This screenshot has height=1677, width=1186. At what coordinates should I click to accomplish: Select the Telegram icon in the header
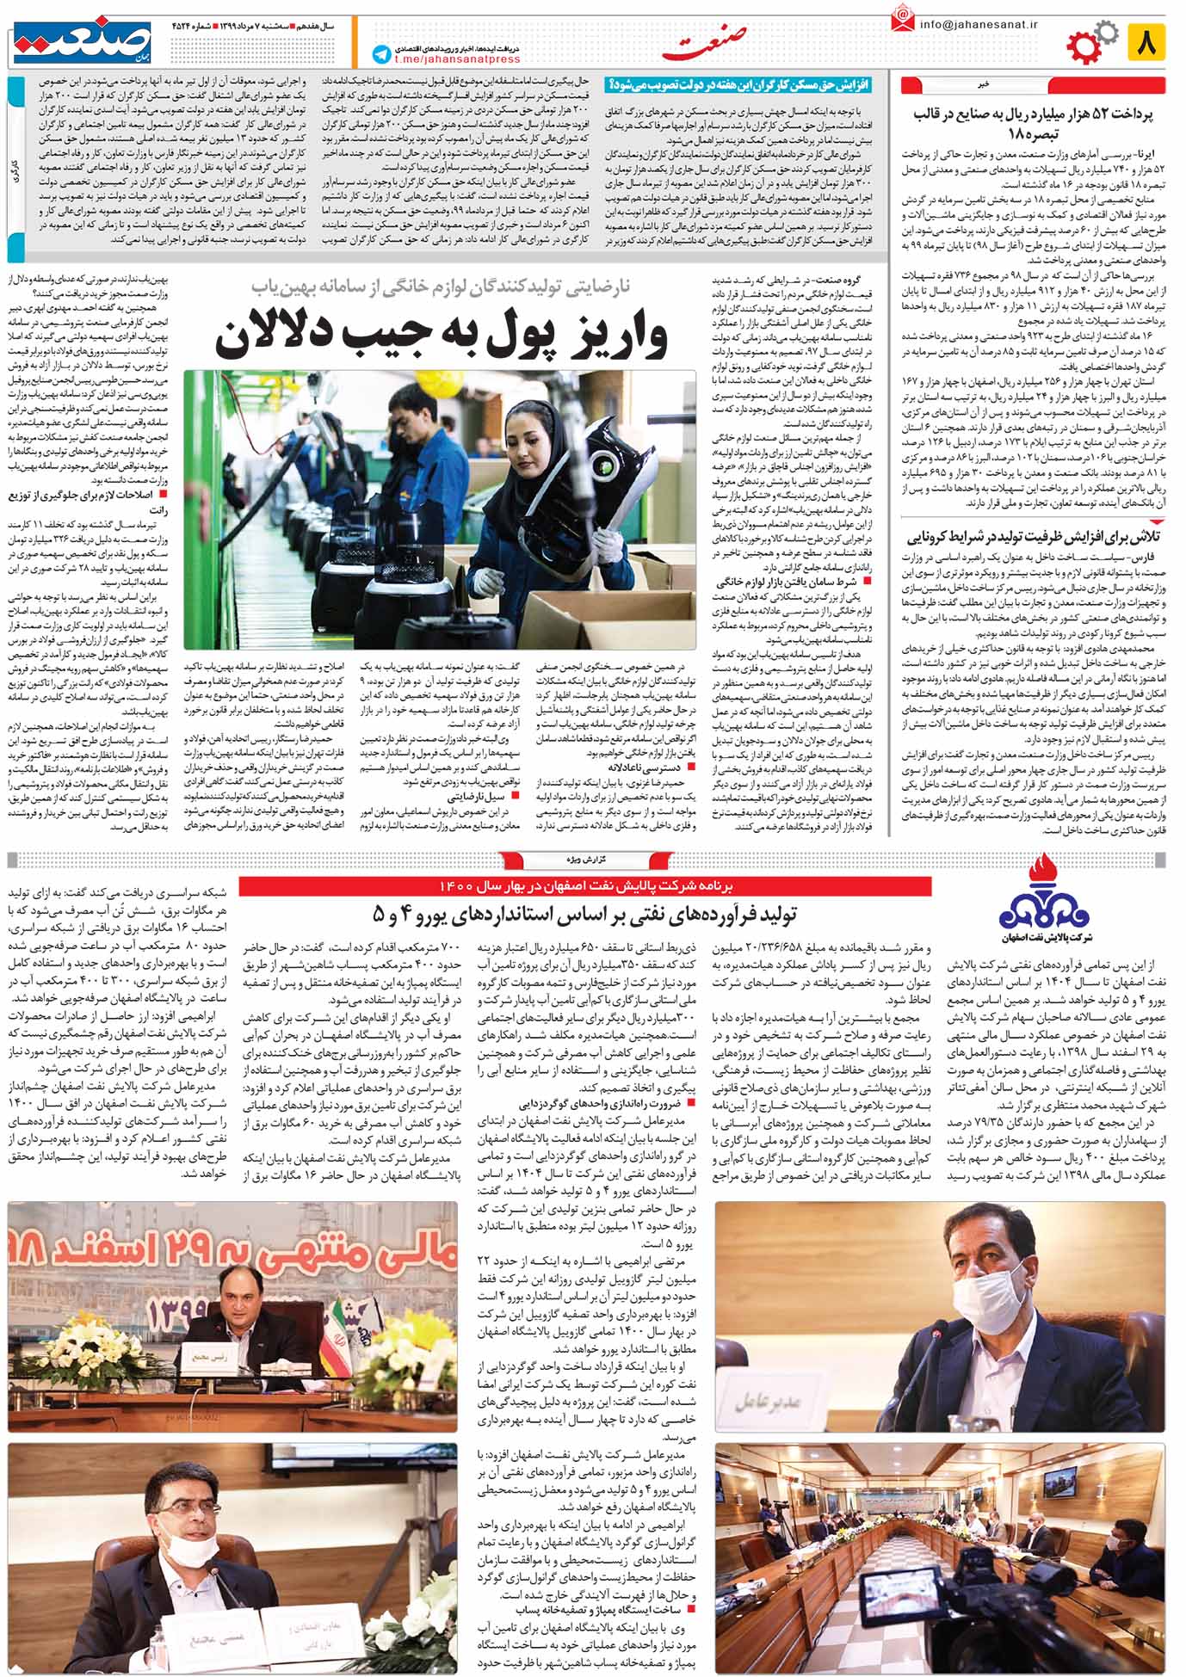click(380, 52)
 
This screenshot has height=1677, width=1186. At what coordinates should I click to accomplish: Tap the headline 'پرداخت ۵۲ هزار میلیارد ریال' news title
click(1033, 124)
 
